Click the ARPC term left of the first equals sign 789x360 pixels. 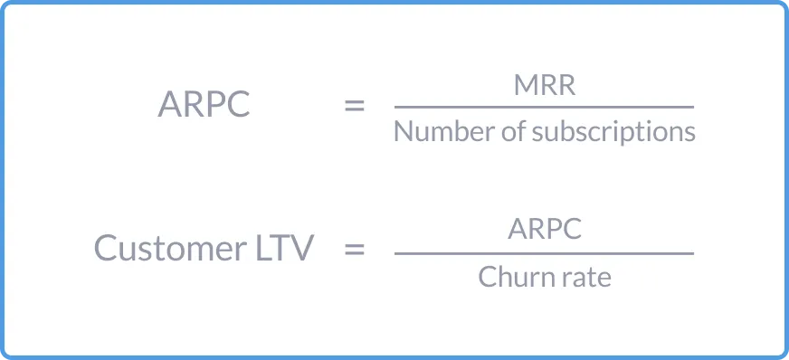(203, 106)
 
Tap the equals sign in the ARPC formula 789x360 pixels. (355, 106)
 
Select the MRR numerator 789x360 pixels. (544, 86)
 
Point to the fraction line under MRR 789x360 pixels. (544, 108)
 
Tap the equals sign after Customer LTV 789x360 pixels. (355, 248)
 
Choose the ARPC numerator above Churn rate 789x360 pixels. (544, 229)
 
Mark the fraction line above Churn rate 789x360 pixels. (544, 253)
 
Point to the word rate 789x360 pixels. (585, 277)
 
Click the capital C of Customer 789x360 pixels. (105, 248)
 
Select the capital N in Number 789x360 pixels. (403, 132)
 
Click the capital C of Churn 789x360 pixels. (486, 276)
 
